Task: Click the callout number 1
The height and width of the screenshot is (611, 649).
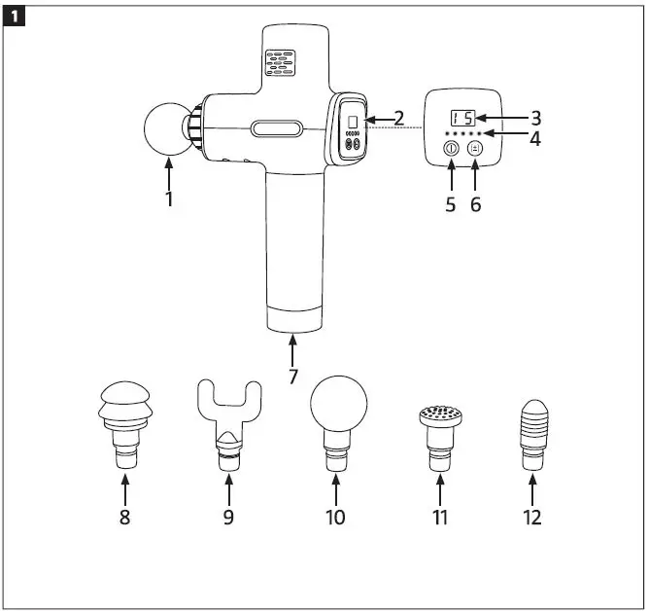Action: pyautogui.click(x=169, y=198)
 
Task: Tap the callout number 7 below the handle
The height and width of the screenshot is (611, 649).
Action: pyautogui.click(x=292, y=376)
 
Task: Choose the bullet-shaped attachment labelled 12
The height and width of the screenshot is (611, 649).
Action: pyautogui.click(x=531, y=433)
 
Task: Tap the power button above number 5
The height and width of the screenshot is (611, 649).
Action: pyautogui.click(x=451, y=149)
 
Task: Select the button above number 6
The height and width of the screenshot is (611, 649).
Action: pyautogui.click(x=476, y=149)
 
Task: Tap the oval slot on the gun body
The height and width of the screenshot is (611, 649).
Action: pyautogui.click(x=277, y=127)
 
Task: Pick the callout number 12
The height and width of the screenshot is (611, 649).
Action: pyautogui.click(x=531, y=517)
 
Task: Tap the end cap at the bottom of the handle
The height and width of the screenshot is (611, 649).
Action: pyautogui.click(x=292, y=319)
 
